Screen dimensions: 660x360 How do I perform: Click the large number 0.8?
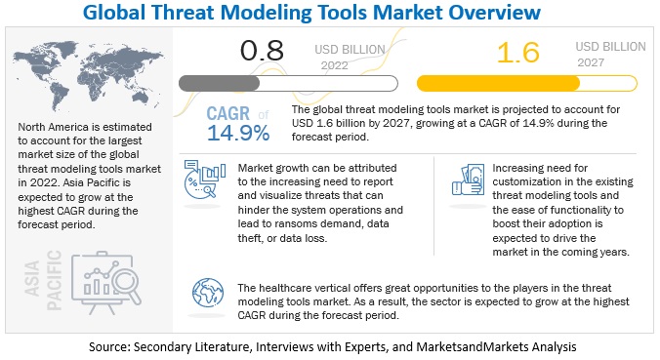click(x=262, y=51)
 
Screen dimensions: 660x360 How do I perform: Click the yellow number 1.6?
click(x=518, y=53)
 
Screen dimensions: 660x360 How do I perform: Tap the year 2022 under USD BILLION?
click(x=335, y=65)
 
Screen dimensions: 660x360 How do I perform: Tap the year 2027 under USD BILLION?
click(x=591, y=62)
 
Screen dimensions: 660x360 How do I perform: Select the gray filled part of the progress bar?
click(x=220, y=83)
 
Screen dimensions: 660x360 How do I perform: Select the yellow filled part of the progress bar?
click(x=498, y=83)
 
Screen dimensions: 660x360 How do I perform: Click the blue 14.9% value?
click(x=238, y=133)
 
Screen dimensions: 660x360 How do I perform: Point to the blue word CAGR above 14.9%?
click(x=228, y=113)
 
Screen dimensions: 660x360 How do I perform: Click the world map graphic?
click(x=88, y=74)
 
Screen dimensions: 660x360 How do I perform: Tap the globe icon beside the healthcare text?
click(x=208, y=293)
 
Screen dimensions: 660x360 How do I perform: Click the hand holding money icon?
click(x=468, y=180)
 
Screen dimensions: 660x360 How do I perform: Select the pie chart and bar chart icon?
click(x=205, y=180)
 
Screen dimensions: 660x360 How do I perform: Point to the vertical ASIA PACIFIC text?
click(x=43, y=280)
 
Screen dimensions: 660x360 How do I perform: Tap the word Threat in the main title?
click(x=183, y=13)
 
